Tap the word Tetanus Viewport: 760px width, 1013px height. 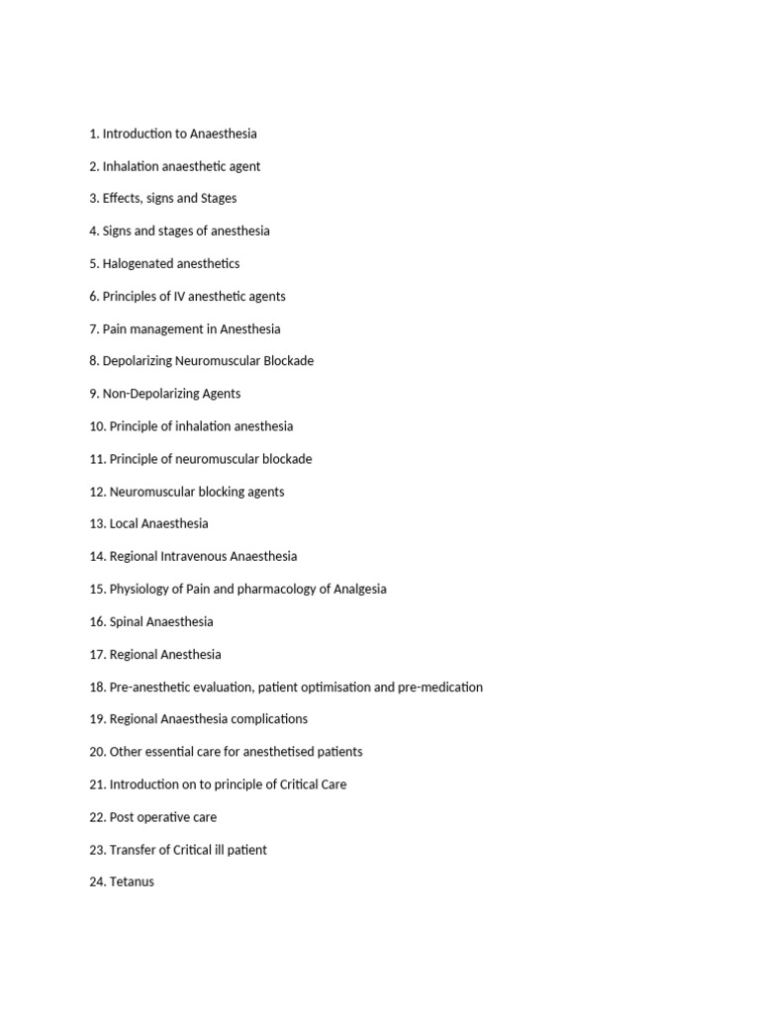coord(132,881)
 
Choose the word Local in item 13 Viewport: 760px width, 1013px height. coord(124,524)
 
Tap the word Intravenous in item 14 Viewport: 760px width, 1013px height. coord(193,557)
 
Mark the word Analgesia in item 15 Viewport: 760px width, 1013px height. coord(359,590)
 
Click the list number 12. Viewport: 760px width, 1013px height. coord(97,492)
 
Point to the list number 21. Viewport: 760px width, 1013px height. coord(97,784)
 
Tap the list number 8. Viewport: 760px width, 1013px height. coord(94,361)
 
